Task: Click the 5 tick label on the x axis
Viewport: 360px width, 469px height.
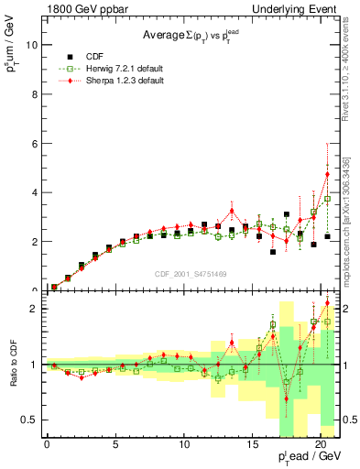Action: (115, 446)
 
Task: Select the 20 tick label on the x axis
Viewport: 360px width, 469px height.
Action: (322, 446)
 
